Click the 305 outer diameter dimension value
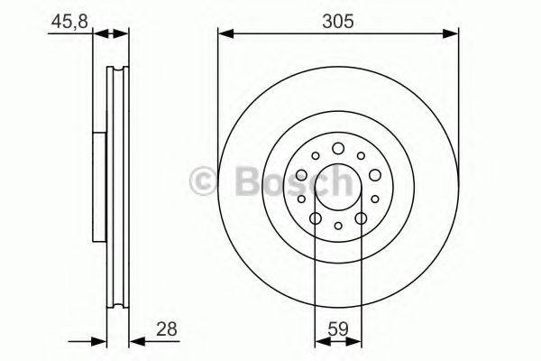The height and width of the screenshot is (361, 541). coord(337,18)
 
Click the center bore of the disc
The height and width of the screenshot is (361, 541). coord(337,184)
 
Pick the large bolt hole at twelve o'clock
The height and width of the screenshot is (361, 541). coord(337,149)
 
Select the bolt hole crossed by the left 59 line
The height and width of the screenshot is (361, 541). coord(315,218)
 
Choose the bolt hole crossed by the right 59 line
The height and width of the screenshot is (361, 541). coord(361,218)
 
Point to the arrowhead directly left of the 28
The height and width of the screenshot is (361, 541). coord(136,342)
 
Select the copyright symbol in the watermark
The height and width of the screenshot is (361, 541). coord(203,183)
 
